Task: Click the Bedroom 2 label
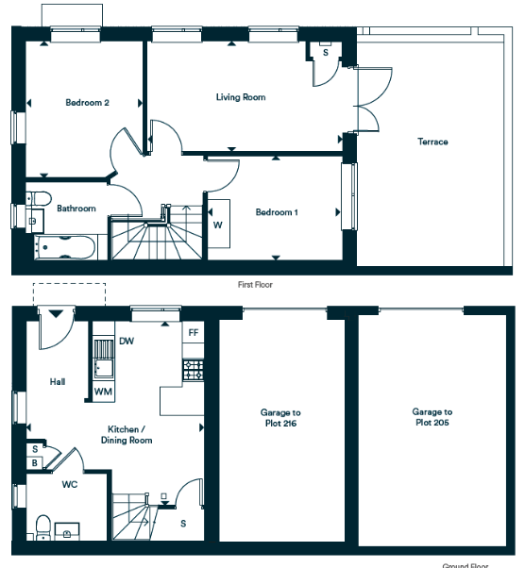[x=87, y=103]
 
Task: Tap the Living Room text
[x=241, y=97]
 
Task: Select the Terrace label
[x=432, y=142]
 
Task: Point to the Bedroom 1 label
[x=277, y=212]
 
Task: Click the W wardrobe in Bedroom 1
[x=217, y=225]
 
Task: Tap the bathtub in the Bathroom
[x=65, y=247]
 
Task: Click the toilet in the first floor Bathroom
[x=39, y=199]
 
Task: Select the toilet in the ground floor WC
[x=43, y=527]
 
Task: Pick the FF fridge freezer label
[x=194, y=332]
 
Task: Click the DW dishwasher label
[x=127, y=341]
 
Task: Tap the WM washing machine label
[x=103, y=392]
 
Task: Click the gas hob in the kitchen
[x=194, y=370]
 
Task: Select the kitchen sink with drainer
[x=104, y=359]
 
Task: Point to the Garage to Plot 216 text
[x=280, y=418]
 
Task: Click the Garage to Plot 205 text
[x=432, y=417]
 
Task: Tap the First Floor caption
[x=255, y=285]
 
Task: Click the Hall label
[x=58, y=381]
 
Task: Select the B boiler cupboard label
[x=35, y=463]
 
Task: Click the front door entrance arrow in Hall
[x=56, y=313]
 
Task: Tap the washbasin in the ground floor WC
[x=67, y=531]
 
